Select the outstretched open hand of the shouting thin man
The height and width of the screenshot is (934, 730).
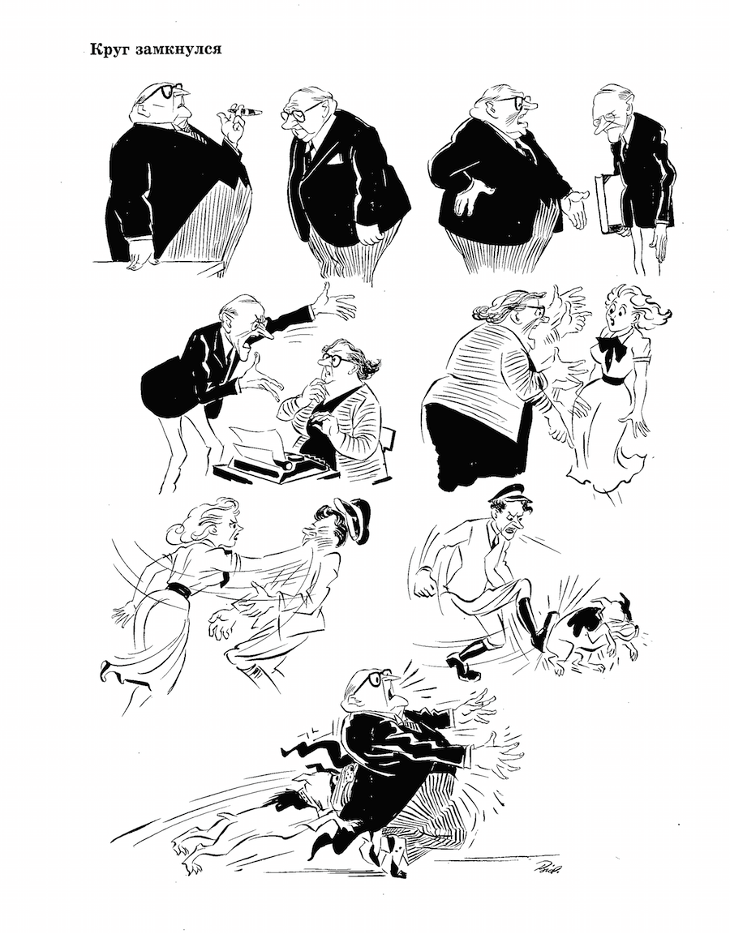[x=335, y=304]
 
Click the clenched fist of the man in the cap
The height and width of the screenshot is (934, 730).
[x=426, y=583]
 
